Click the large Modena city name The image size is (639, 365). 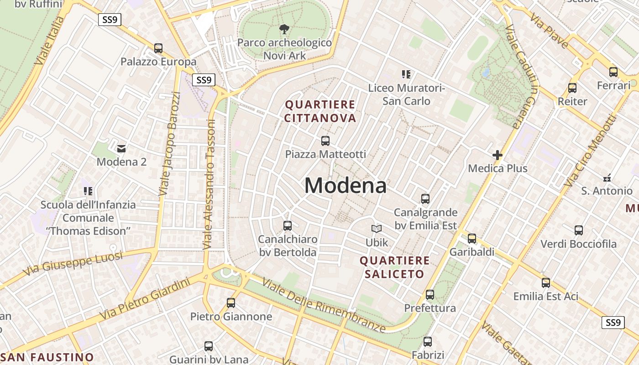[x=346, y=186]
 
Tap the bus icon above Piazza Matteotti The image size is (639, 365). [x=325, y=141]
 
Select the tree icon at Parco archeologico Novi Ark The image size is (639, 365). [x=284, y=30]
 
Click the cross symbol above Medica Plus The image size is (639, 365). [x=498, y=155]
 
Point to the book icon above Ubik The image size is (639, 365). [x=377, y=229]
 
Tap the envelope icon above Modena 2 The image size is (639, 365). [x=121, y=148]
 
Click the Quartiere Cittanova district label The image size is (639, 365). [x=320, y=111]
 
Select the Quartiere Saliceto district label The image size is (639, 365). [x=394, y=267]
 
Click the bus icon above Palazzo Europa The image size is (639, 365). [x=158, y=48]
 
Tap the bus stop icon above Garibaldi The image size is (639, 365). [x=472, y=238]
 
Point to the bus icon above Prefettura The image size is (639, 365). [x=430, y=294]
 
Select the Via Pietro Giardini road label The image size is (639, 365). [x=145, y=299]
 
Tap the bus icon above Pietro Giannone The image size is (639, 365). [x=231, y=302]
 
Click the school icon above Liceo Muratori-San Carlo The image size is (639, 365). [x=406, y=74]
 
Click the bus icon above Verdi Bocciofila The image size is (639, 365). [x=579, y=230]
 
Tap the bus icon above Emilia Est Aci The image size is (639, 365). [x=546, y=283]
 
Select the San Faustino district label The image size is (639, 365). [x=47, y=357]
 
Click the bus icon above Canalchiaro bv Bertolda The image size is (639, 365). [x=288, y=225]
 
